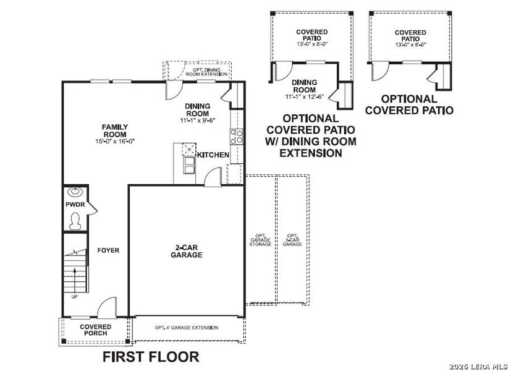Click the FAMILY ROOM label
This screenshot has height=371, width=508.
pos(114,130)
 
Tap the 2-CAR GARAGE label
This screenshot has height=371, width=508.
pos(186,250)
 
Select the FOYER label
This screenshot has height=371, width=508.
pos(108,250)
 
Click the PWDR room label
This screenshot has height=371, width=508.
pos(74,204)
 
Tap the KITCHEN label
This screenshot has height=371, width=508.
pos(213,155)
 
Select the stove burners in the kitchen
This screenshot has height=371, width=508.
pos(236,135)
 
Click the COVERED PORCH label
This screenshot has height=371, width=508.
pos(95,330)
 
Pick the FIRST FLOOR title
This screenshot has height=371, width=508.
pos(151,357)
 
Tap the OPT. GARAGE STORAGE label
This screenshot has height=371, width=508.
pos(260,240)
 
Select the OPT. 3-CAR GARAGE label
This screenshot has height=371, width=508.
pos(292,240)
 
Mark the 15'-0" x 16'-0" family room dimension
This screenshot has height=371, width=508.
pos(114,142)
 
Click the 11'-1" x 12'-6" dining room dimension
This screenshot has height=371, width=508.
pos(304,96)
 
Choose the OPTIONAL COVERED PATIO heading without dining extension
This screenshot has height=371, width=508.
pos(409,104)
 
